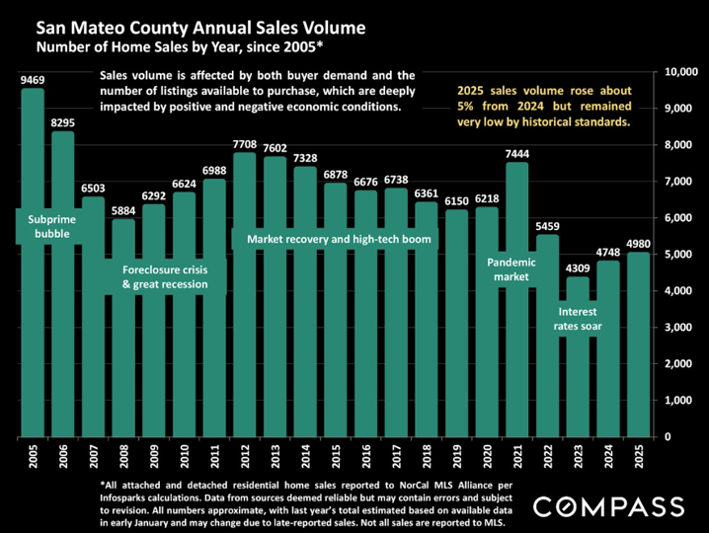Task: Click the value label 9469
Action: [34, 78]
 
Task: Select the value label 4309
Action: [579, 266]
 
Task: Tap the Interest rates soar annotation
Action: [579, 318]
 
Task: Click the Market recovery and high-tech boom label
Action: [338, 239]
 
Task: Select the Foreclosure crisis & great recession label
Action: [164, 276]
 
